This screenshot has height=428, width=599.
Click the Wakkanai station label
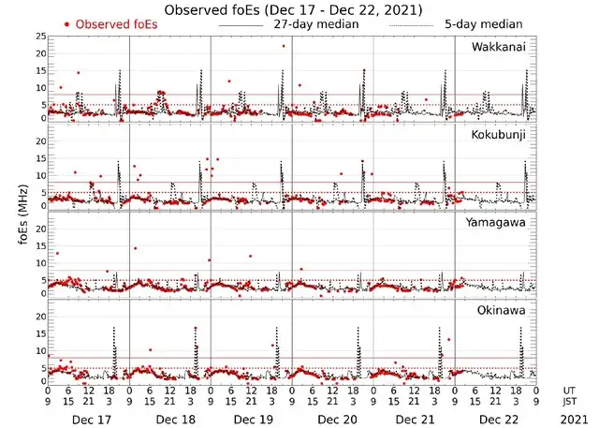click(x=498, y=46)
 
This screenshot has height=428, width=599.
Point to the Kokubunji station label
click(x=498, y=135)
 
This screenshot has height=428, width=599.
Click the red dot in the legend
click(x=67, y=24)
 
